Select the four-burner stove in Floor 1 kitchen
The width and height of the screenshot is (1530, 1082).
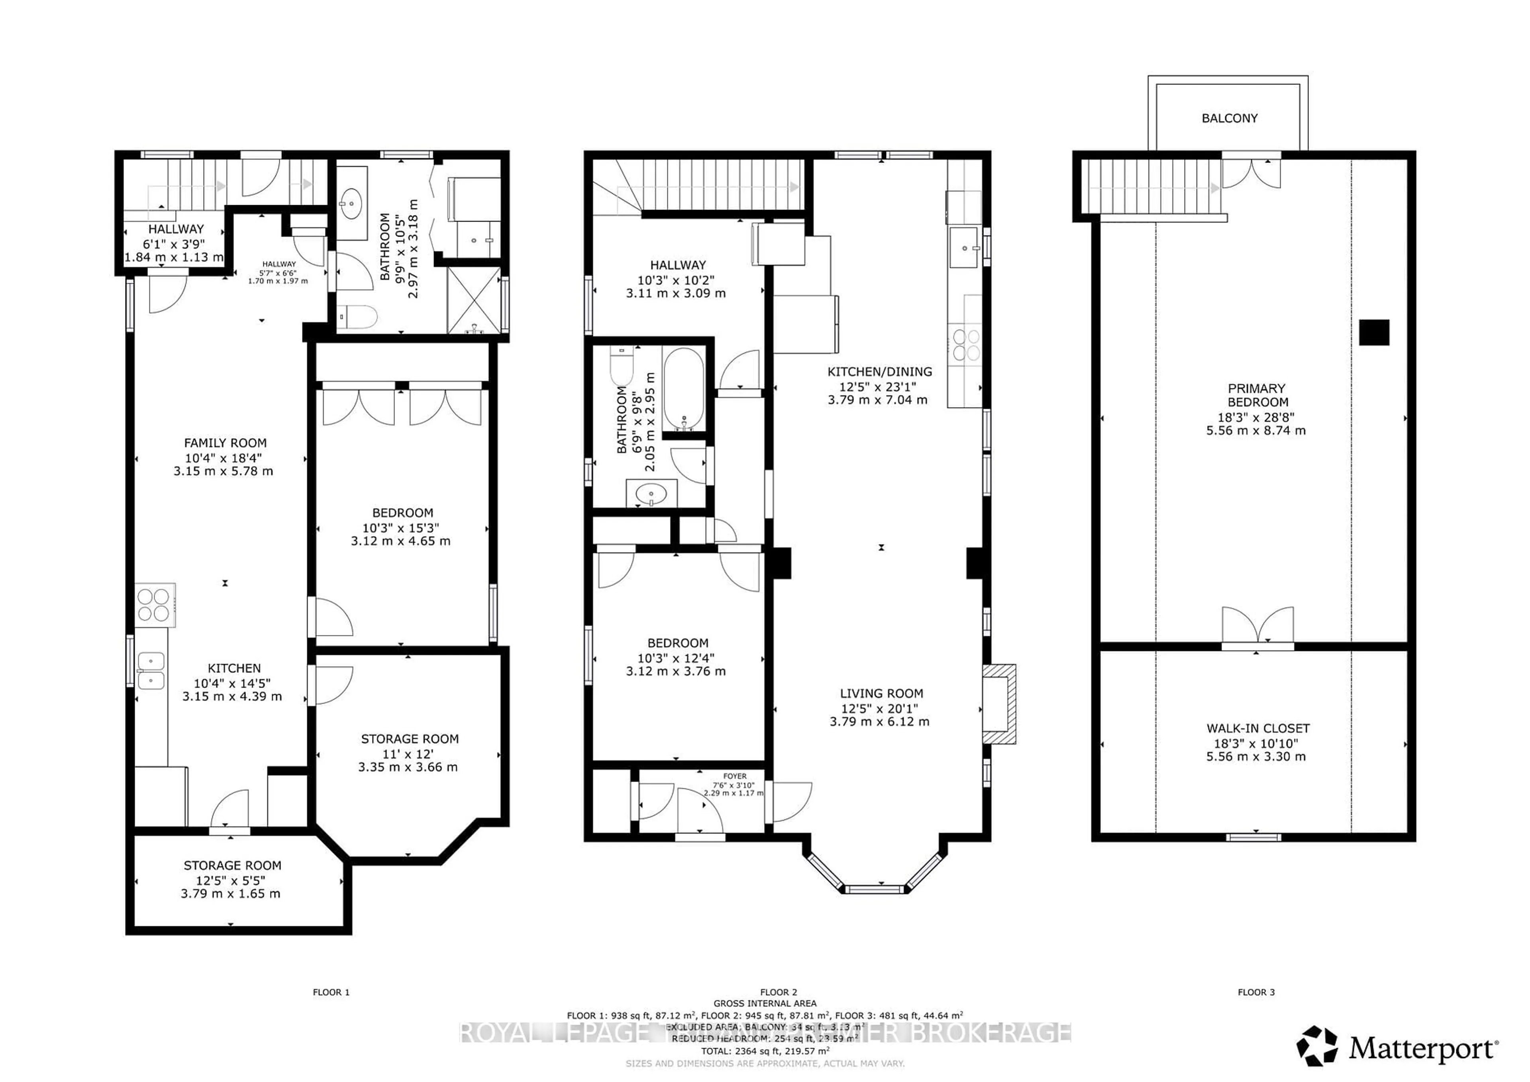(x=154, y=605)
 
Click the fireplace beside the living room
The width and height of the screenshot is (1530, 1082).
(x=1000, y=704)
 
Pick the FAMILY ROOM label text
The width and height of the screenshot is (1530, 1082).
(x=225, y=443)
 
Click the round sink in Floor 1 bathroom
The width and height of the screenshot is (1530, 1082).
(x=351, y=200)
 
